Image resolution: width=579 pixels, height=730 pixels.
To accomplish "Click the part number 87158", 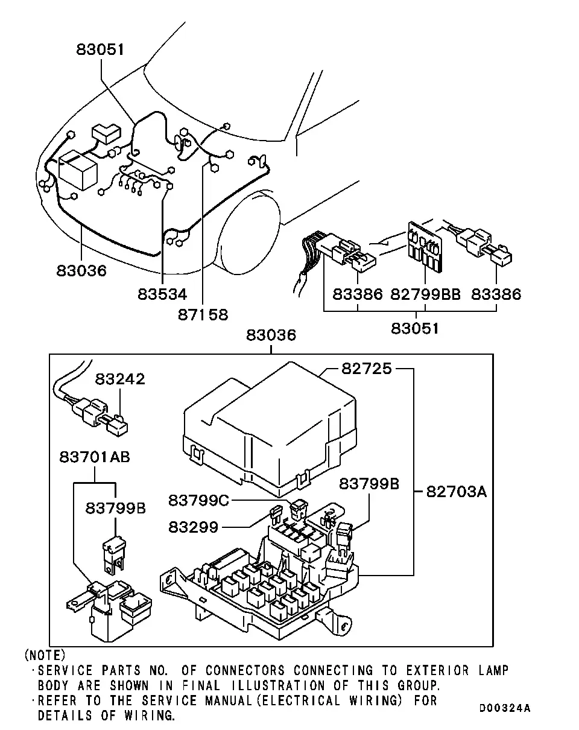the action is (203, 315).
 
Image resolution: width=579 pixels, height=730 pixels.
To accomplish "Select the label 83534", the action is (162, 294).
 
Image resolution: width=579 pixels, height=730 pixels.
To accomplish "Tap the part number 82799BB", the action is (425, 294).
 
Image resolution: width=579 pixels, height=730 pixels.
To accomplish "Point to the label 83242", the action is (120, 379).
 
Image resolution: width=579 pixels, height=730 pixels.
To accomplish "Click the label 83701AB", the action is (95, 457).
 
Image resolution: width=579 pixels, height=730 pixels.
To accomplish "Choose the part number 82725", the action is (366, 369).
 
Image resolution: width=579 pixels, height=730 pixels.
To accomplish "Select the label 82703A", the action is (456, 492).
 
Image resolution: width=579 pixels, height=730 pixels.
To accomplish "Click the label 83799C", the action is (199, 500).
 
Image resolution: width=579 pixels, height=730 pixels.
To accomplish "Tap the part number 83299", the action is (194, 527).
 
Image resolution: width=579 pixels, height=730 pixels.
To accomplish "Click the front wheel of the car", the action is (249, 232).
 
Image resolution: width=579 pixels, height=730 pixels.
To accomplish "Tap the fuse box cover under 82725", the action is (270, 429).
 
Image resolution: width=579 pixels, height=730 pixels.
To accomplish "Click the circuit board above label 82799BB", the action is (426, 247).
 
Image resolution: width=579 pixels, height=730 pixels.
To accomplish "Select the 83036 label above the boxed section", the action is (271, 335).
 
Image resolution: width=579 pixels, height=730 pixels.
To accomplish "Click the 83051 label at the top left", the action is (100, 49).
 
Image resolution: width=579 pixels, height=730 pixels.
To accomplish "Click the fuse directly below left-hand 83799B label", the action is (114, 555).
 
